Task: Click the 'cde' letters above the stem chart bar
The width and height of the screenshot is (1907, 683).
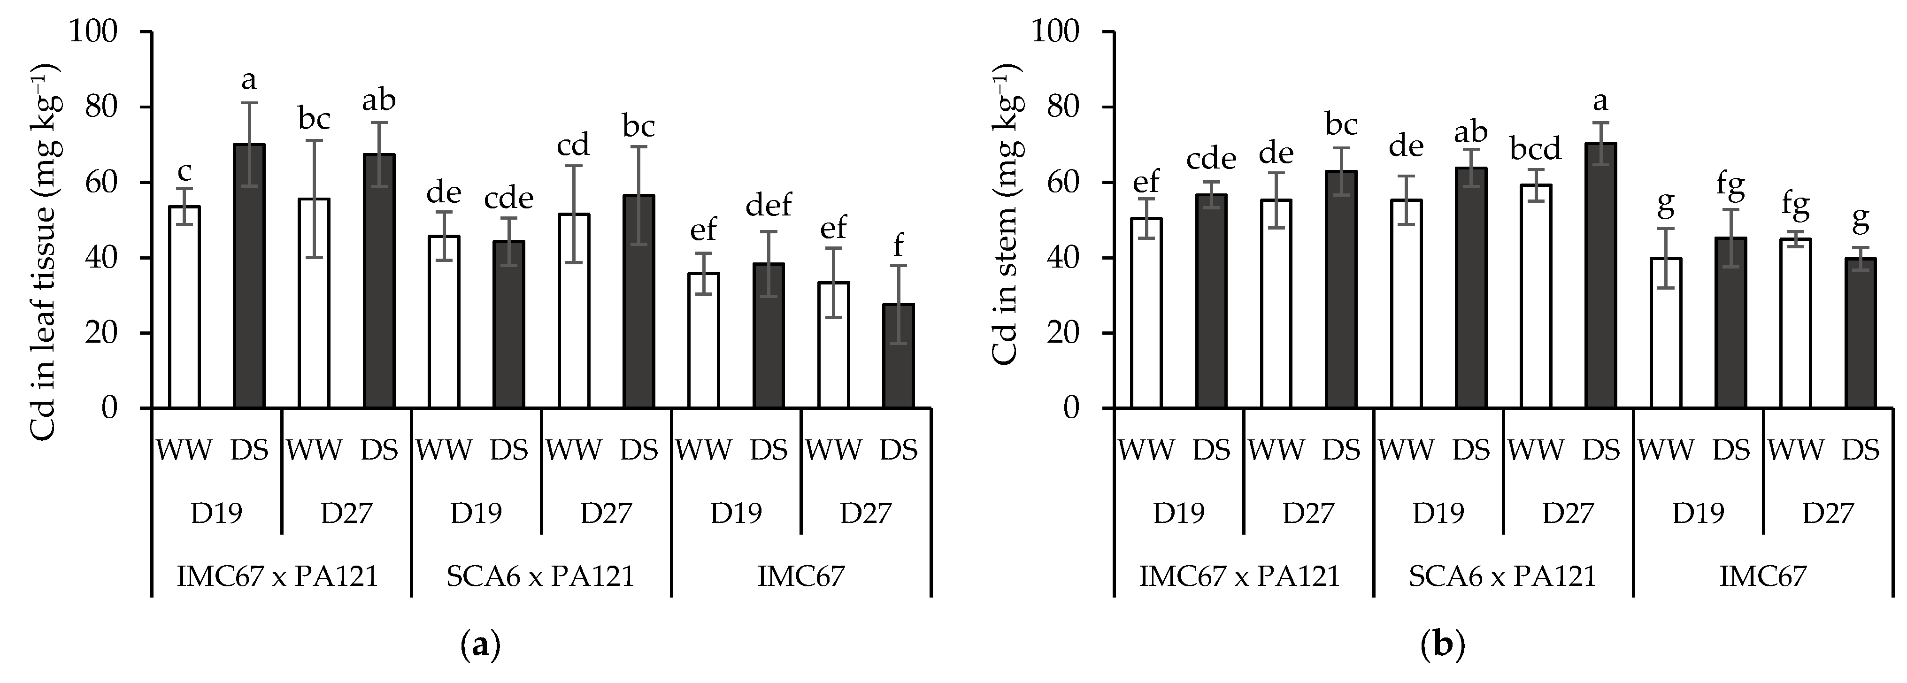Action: click(1211, 159)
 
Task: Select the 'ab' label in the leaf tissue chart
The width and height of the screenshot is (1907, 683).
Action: click(379, 100)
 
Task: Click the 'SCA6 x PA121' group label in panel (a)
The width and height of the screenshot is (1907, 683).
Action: click(540, 575)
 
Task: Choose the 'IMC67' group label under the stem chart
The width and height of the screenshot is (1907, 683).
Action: click(1763, 575)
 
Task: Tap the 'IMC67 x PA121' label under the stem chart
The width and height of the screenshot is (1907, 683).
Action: click(1240, 575)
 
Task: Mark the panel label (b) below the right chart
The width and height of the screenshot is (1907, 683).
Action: click(1444, 646)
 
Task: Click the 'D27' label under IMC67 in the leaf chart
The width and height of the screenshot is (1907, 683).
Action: click(865, 512)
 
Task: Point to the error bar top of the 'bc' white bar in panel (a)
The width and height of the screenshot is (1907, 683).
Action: click(314, 141)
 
